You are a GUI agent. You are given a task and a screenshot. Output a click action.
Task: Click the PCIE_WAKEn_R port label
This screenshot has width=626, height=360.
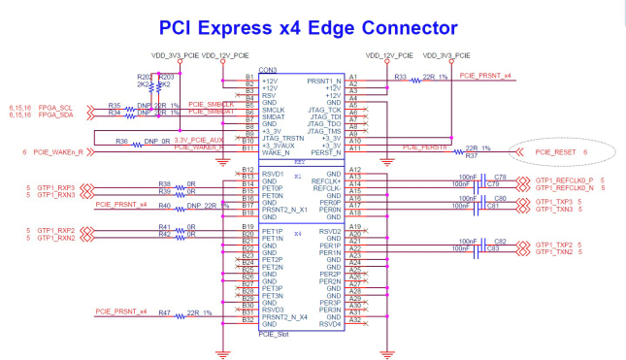point(56,151)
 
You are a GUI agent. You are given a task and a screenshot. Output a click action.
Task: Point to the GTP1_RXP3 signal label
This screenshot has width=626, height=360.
point(55,186)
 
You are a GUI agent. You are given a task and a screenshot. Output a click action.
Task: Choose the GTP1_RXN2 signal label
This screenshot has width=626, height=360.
point(55,237)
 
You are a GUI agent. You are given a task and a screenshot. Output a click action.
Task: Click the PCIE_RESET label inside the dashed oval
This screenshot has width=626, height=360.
point(556,151)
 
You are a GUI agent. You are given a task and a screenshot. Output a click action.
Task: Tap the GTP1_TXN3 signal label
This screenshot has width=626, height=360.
point(554,209)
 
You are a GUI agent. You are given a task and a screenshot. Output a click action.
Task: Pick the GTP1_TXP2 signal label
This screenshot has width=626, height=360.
point(554,244)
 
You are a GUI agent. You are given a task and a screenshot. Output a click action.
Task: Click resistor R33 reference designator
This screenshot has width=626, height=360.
point(400,75)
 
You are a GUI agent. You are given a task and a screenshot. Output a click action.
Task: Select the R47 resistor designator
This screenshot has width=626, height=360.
point(165,312)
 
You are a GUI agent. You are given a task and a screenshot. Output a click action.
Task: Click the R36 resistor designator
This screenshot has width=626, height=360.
point(121,142)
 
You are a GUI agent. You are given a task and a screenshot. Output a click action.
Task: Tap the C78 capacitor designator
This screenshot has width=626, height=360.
point(501,177)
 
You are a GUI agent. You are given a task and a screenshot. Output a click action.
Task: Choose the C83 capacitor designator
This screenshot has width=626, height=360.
point(501,249)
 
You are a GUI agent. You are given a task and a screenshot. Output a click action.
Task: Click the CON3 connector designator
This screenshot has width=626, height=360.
point(267,70)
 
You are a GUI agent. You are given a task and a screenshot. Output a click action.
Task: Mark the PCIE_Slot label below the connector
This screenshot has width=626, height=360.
point(275,333)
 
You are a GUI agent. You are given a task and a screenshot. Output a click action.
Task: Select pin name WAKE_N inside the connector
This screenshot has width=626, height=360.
point(276,152)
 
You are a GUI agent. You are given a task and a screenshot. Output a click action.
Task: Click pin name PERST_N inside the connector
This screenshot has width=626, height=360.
point(323,152)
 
